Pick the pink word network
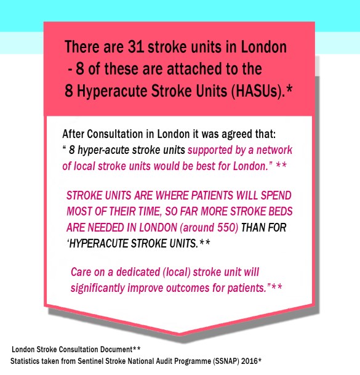[x=294, y=149]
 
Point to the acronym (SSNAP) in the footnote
[x=227, y=360]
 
